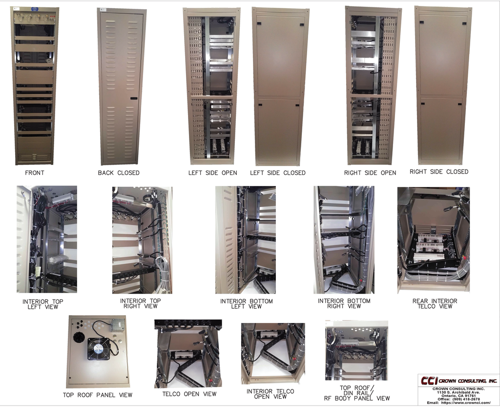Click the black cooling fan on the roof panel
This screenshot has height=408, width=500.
pos(99,348)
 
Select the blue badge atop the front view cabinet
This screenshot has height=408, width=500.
pos(35,9)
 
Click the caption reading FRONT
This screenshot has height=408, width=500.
pos(35,173)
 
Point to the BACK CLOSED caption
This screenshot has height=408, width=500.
pos(119,173)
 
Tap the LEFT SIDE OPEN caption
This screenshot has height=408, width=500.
pos(212,173)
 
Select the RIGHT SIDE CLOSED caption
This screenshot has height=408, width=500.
pos(438,172)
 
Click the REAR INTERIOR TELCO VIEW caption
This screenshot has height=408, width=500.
pos(435,303)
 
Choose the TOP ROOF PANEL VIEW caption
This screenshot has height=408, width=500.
pos(98,395)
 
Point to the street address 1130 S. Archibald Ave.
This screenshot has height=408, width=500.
pos(458,392)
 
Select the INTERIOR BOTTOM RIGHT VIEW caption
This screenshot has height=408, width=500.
pos(344,303)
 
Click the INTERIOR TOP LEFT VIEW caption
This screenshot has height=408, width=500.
pos(43,304)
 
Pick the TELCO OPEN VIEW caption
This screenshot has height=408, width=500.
pos(189,394)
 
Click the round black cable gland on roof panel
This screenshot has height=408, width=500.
pos(79,337)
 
